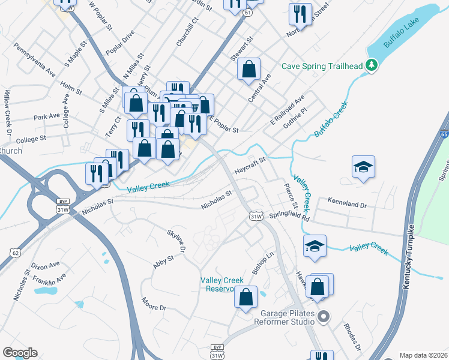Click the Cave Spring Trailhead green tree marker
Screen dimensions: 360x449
(x=372, y=65)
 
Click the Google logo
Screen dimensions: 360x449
(x=20, y=353)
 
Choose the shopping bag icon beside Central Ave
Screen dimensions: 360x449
(x=249, y=69)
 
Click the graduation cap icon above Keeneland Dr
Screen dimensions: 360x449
(x=363, y=166)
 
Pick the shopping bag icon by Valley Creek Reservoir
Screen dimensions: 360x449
(x=246, y=297)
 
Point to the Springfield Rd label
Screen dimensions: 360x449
(x=290, y=215)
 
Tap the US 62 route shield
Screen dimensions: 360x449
(x=15, y=253)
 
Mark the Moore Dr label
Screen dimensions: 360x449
(x=154, y=304)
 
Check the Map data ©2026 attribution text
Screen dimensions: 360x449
(x=423, y=355)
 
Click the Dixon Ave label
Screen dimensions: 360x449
(x=46, y=265)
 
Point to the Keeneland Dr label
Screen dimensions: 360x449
(x=346, y=204)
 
